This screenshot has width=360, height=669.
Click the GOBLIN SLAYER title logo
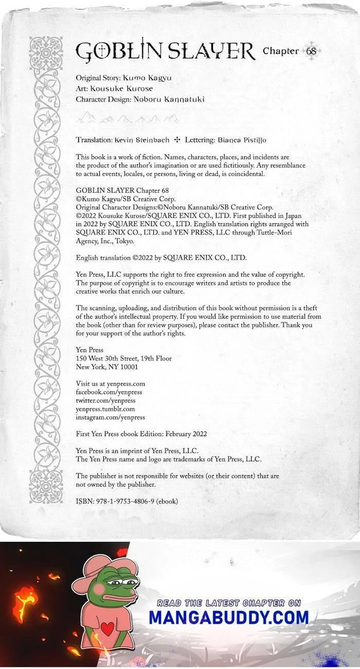(x=165, y=51)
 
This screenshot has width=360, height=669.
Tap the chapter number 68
(x=311, y=51)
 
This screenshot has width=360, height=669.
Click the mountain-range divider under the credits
(x=128, y=119)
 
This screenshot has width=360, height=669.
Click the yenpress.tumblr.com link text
(x=105, y=409)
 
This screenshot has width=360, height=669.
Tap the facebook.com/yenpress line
(x=109, y=392)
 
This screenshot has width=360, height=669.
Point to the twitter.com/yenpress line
(x=105, y=401)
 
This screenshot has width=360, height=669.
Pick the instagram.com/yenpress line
(x=110, y=418)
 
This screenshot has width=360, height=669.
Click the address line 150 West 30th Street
(x=123, y=358)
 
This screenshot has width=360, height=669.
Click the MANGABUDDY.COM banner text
(x=229, y=617)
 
